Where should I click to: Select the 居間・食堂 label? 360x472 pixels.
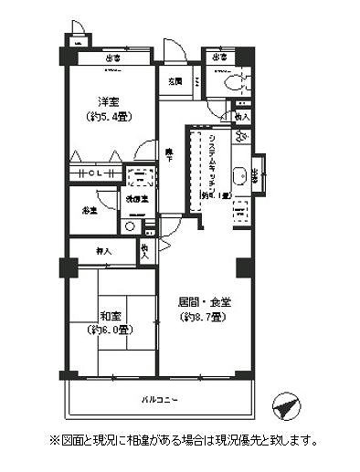coord(205,302)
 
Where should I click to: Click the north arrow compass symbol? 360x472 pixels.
coord(286,408)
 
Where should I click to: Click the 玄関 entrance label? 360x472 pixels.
coord(175,82)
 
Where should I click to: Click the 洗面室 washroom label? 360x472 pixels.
coord(137,198)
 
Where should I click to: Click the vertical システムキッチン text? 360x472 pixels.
coord(212,164)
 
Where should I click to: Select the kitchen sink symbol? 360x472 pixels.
coord(238,177)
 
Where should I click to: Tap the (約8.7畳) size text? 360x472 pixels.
coord(205,317)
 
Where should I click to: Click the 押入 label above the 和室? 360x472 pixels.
coord(102,250)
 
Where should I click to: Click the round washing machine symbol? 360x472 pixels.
coord(130,225)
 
